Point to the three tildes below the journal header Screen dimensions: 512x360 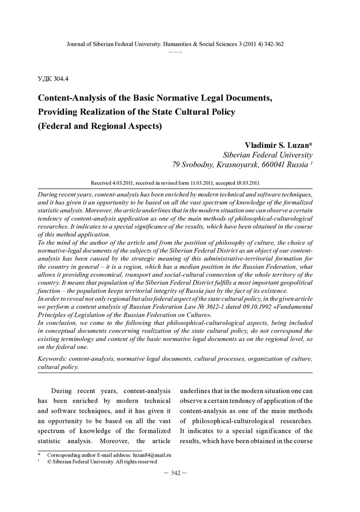tap(175, 52)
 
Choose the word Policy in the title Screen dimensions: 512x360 tap(222, 112)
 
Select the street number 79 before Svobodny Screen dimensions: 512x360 tap(177, 165)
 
